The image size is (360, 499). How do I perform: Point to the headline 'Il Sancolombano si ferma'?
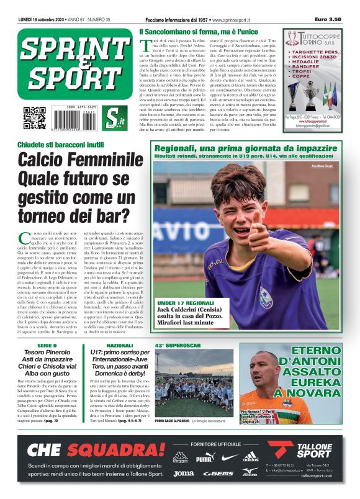click(198, 32)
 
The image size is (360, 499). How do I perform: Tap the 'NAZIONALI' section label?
click(119, 345)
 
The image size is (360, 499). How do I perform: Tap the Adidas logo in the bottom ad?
click(250, 457)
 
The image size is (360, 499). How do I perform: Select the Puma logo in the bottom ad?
click(204, 459)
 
